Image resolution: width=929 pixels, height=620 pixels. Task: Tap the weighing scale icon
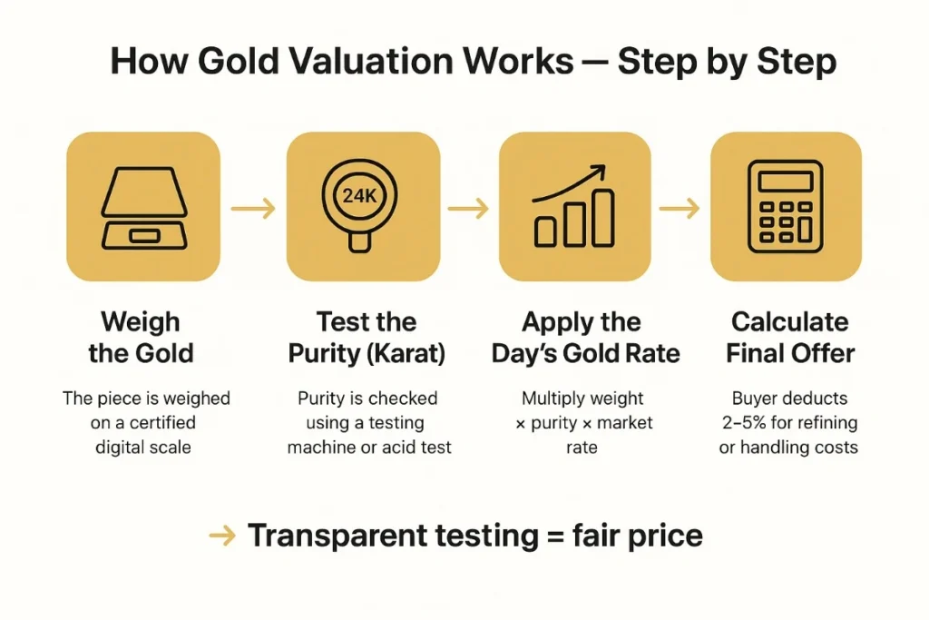click(x=143, y=208)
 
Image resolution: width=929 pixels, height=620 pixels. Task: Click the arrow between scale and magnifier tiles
click(x=253, y=209)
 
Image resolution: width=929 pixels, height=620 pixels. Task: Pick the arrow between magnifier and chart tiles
click(x=468, y=209)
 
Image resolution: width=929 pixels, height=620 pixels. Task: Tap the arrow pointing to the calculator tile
click(x=680, y=209)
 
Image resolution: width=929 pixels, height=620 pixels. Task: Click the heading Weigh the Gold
click(x=141, y=337)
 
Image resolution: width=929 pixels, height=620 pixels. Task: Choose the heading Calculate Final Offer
click(x=790, y=337)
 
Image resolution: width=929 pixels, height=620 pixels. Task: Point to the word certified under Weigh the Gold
click(x=161, y=422)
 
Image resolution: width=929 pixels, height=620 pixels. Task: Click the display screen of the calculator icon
click(x=786, y=181)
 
